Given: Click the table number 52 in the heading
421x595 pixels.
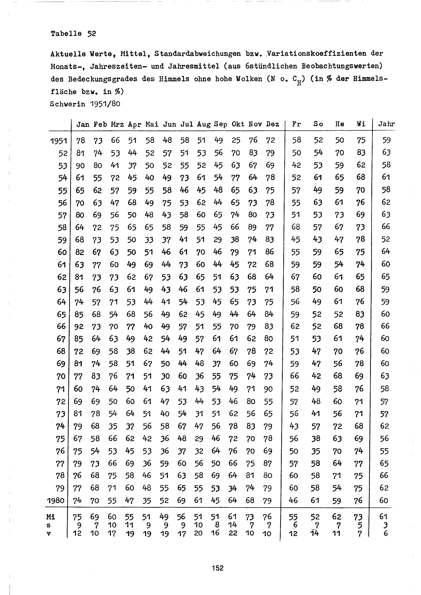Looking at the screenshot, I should coord(92,34).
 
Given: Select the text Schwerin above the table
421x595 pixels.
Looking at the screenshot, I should coord(67,104).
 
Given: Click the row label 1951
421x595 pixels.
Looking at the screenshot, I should coord(59,141).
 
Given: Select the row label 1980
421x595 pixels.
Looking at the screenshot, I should coord(56,500).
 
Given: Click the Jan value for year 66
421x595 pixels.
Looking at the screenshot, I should coord(79,327).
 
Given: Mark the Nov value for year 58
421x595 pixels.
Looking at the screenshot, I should coord(252,227).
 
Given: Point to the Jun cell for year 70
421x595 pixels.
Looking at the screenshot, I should coord(165,376).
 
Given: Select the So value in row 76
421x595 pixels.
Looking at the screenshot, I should coord(316,451).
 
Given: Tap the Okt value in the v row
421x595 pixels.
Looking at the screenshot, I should coord(233,533).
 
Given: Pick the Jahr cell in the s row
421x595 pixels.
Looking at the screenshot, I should coord(385,525).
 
